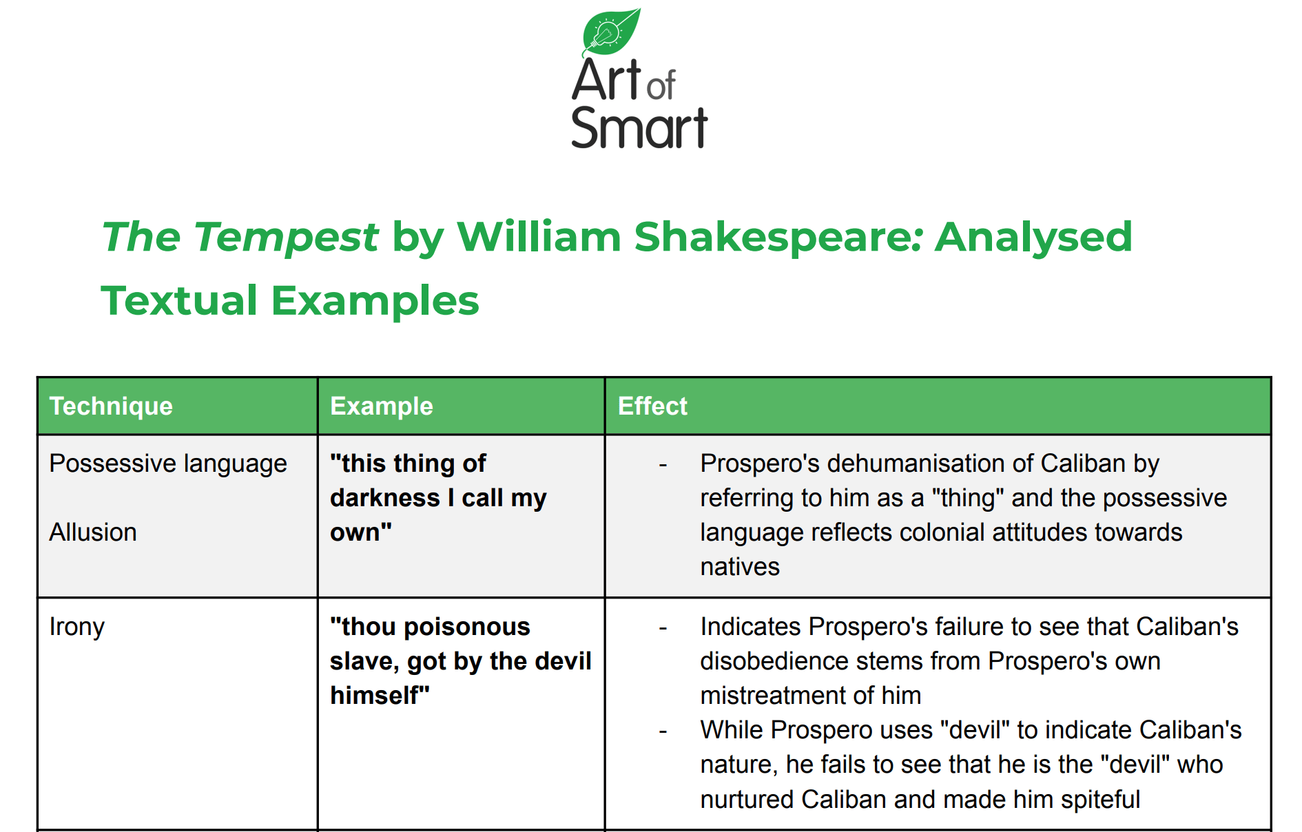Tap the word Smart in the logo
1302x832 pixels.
[639, 127]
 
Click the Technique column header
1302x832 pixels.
[111, 406]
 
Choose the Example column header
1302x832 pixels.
[382, 406]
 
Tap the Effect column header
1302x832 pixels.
[652, 406]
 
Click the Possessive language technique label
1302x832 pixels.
[168, 464]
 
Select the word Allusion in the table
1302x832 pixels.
[93, 532]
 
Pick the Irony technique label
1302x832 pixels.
[77, 627]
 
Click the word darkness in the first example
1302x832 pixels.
[385, 498]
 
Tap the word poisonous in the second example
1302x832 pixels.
[467, 627]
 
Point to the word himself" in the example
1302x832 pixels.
[380, 696]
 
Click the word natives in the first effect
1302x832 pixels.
[740, 567]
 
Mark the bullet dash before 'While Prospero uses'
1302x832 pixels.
[663, 731]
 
